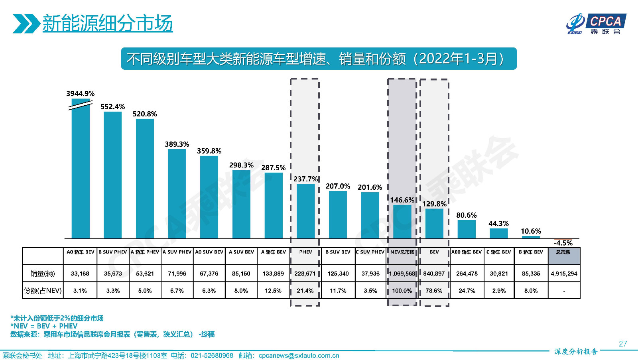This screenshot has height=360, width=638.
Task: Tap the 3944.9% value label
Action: point(80,94)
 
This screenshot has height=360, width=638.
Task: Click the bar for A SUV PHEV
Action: point(177,194)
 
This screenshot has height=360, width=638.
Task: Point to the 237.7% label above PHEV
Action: point(305,179)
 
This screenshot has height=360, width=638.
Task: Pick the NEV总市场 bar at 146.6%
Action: point(402,222)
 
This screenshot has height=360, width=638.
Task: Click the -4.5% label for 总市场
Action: point(563,243)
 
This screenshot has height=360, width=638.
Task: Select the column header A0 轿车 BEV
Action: point(81,252)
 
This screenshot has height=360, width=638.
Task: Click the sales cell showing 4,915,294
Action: point(564,274)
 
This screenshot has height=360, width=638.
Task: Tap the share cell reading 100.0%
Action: point(402,291)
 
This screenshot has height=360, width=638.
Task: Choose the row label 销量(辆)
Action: point(43,274)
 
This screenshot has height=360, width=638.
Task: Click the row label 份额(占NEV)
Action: point(43,291)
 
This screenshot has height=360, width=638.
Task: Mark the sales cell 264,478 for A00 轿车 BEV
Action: point(467,274)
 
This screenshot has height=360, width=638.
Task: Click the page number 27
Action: point(623,344)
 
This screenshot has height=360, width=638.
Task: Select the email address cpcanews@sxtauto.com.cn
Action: point(299,356)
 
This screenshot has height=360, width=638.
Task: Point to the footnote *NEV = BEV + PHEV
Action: point(44,326)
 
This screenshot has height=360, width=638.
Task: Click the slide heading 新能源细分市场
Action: point(107,24)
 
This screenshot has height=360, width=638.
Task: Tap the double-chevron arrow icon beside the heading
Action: point(26,24)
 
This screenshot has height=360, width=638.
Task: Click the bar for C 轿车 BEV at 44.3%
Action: point(498,233)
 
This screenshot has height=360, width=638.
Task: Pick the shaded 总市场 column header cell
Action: point(564,256)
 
